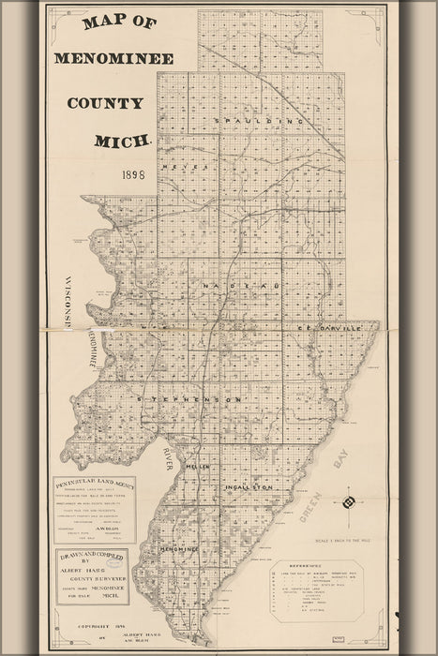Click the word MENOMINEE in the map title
pyautogui.click(x=113, y=57)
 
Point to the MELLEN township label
pyautogui.click(x=198, y=466)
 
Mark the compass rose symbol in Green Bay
pyautogui.click(x=349, y=502)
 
